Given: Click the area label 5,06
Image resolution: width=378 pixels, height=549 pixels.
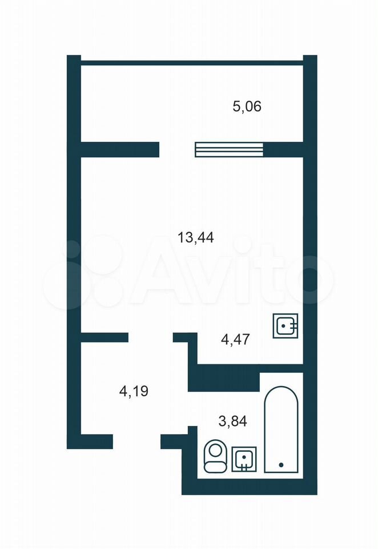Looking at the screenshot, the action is tap(247, 106).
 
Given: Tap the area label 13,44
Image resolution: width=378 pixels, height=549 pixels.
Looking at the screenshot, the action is tap(196, 238).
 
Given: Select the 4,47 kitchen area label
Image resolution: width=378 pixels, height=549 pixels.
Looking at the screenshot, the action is tap(236, 340).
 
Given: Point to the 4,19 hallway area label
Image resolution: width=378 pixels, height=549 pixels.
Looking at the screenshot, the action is tap(134, 391).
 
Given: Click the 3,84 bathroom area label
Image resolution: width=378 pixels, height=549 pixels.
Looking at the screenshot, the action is tap(233, 421).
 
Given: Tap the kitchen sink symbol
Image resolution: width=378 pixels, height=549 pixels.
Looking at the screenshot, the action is tap(285, 325).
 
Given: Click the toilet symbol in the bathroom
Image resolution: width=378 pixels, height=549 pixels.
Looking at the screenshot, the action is tap(215, 456).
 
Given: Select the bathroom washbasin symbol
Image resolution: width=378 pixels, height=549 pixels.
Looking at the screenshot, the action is tap(244, 459).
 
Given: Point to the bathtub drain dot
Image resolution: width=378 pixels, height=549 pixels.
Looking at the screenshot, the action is tap(281, 464).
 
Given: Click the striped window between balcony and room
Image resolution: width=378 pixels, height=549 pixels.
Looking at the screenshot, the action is tap(229, 149).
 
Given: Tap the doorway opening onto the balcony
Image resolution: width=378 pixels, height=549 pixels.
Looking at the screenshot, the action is tap(177, 149).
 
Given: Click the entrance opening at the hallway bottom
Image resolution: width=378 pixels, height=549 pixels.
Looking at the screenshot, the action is tap(136, 441).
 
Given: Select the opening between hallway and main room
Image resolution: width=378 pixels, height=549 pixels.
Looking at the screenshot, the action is tap(151, 337).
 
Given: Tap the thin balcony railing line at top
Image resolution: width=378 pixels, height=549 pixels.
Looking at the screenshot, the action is tap(192, 63).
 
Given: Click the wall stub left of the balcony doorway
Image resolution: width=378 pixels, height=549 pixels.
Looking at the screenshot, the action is tap(120, 149).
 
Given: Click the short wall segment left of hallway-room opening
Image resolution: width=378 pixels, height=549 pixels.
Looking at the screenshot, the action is tap(104, 337).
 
